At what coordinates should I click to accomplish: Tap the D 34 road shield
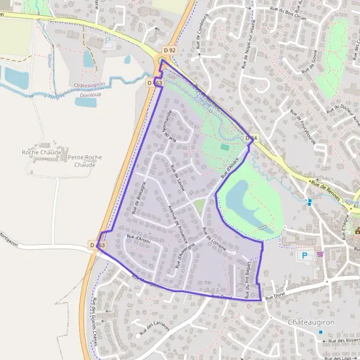click(x=252, y=139)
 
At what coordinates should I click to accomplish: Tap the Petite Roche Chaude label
click(x=85, y=160)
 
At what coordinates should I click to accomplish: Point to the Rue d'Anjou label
click(x=137, y=239)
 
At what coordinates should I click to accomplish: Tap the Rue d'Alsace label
click(x=230, y=167)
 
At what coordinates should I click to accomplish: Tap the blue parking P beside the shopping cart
click(x=304, y=255)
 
